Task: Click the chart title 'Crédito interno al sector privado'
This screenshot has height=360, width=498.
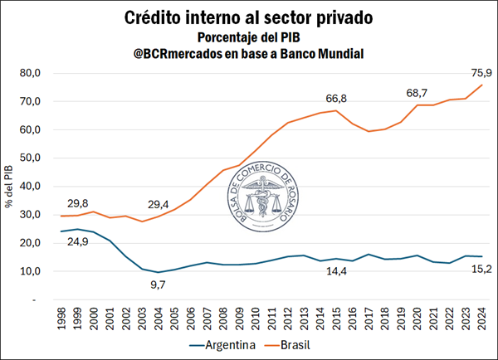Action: point(249,17)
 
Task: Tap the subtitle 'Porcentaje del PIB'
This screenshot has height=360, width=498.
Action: point(249,36)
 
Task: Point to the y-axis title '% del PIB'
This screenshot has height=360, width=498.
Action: point(9,187)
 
